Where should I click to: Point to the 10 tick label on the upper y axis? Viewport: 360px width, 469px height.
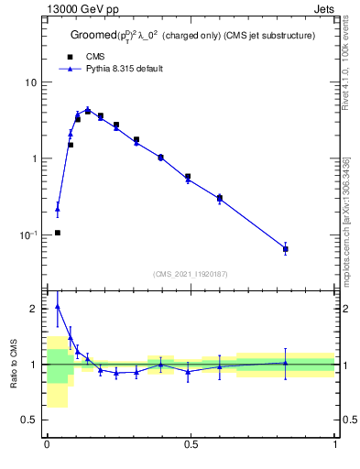pyautogui.click(x=32, y=82)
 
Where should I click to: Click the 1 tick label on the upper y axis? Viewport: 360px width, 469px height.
pyautogui.click(x=35, y=158)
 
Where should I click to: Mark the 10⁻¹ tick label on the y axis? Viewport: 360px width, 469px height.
pyautogui.click(x=29, y=234)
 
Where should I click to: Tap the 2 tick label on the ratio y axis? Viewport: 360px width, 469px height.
pyautogui.click(x=35, y=309)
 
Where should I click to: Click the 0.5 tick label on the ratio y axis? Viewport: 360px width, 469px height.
pyautogui.click(x=30, y=420)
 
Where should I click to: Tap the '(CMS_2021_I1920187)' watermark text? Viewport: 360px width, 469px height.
pyautogui.click(x=191, y=274)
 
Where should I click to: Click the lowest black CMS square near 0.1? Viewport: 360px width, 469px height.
pyautogui.click(x=58, y=233)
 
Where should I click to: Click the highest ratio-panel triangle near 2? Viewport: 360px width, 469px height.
pyautogui.click(x=58, y=306)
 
